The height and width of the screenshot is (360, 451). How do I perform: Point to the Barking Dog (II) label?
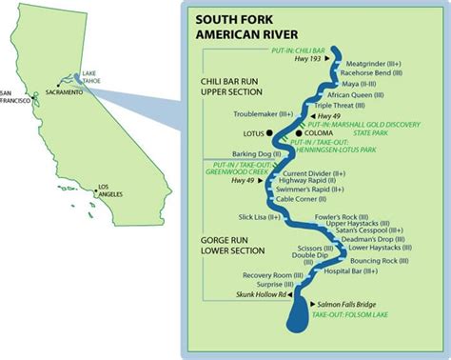pyautogui.click(x=255, y=152)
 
